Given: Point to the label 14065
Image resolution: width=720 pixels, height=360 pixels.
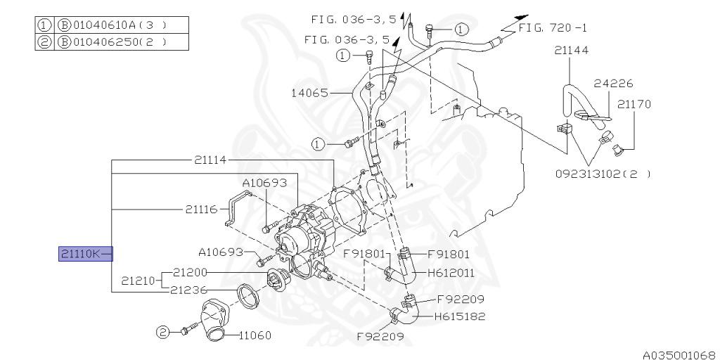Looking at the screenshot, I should [x=309, y=92].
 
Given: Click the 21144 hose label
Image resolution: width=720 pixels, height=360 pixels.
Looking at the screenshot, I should [x=571, y=51].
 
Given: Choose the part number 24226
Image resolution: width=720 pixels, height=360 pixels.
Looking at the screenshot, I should [x=608, y=83].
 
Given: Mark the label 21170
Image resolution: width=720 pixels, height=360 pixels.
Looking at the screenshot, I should [x=634, y=104].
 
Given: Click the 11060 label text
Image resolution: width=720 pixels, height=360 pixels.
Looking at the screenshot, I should [x=255, y=335].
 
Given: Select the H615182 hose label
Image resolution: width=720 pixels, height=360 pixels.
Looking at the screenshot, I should [x=459, y=316].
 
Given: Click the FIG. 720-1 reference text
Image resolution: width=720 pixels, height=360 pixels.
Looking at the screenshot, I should [x=552, y=28].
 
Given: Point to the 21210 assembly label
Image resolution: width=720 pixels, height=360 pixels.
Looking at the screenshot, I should [x=137, y=281].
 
